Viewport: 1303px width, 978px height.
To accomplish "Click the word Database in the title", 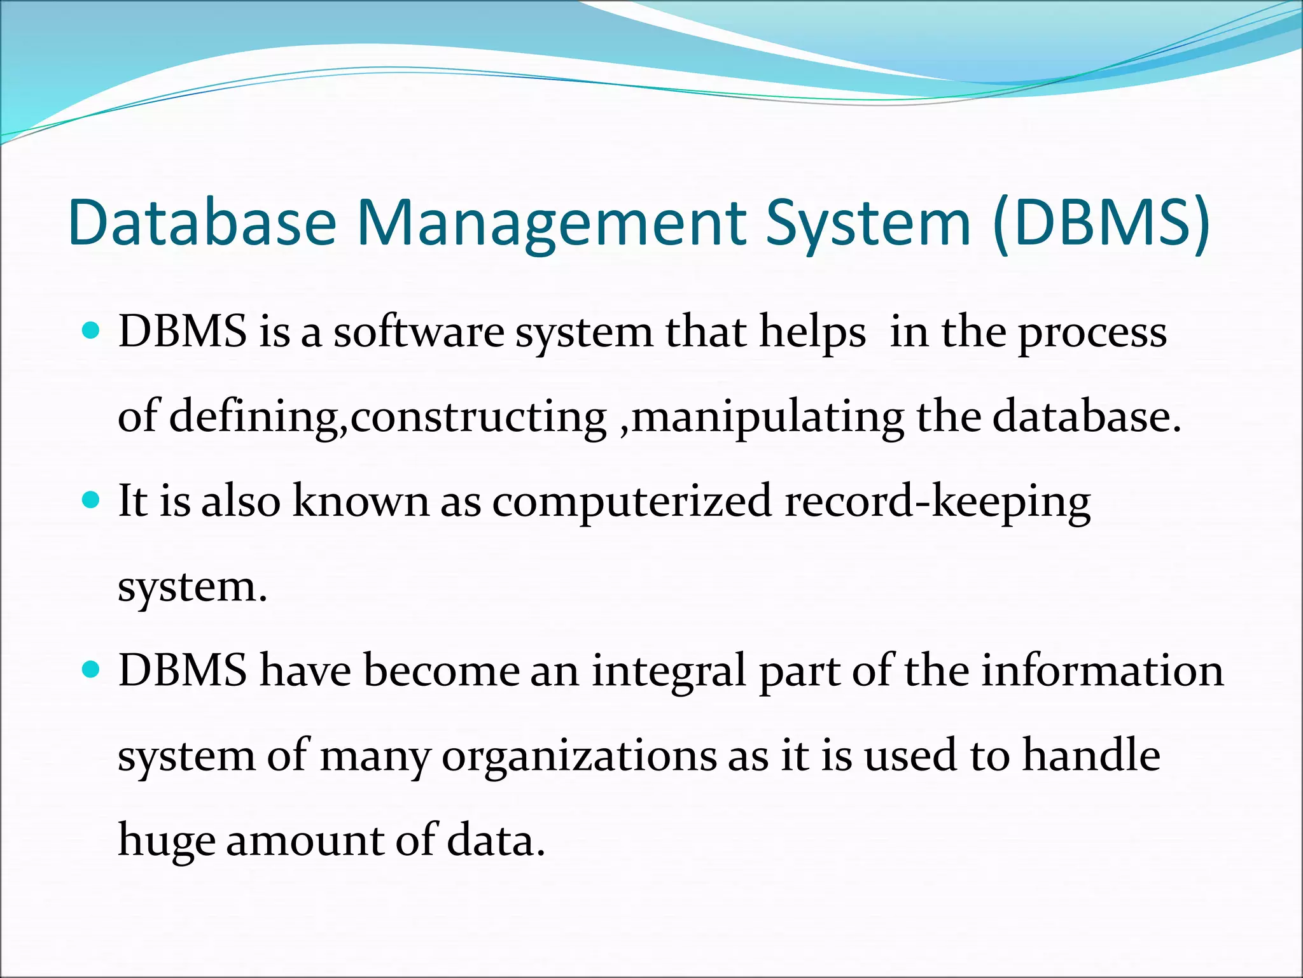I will point(202,222).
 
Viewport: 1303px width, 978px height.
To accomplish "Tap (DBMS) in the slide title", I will point(1101,222).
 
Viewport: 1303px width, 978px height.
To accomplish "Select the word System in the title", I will point(868,222).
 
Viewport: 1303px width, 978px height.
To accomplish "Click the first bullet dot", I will point(92,331).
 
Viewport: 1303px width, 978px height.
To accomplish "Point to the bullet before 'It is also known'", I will point(92,500).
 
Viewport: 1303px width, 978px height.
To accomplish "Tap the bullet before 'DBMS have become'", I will point(92,670).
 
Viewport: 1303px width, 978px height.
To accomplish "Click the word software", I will point(419,332).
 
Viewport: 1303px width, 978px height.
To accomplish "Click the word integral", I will point(669,671).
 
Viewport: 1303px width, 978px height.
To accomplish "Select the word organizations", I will point(578,756).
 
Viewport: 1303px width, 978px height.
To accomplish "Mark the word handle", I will point(1091,755).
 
